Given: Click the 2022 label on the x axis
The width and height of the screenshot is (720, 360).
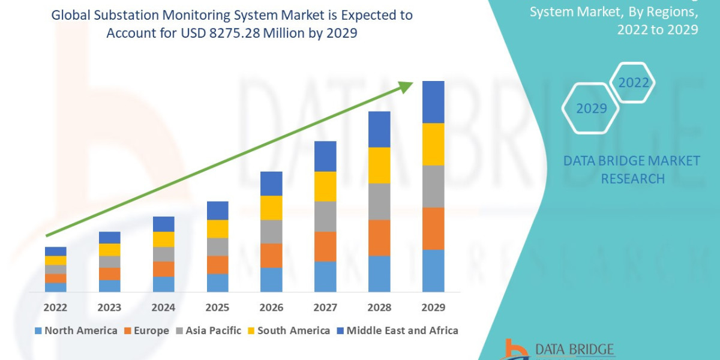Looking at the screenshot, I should (55, 308).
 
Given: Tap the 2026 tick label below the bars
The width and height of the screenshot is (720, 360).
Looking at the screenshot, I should (271, 308).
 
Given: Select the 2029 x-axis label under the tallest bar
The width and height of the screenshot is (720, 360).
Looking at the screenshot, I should (433, 308).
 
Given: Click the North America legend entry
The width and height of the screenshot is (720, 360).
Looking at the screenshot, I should (76, 331).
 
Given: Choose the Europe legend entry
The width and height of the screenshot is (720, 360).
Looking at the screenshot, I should (147, 331).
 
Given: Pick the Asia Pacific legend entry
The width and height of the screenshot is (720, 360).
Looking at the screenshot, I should (208, 331).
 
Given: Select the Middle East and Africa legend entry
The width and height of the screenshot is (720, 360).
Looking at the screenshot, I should (397, 331).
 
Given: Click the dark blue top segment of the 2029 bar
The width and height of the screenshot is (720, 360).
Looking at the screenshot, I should (433, 102).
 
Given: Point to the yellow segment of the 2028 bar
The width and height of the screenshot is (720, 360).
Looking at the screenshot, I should (379, 165).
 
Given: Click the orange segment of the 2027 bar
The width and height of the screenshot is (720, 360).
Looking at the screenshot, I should (325, 246).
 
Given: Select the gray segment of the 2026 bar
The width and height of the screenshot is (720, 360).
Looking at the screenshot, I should (271, 232).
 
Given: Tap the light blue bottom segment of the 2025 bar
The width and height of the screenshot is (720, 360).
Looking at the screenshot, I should (217, 283).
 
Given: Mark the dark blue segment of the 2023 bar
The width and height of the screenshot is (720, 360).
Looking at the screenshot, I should (109, 238).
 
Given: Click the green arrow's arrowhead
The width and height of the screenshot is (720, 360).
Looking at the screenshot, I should (406, 88).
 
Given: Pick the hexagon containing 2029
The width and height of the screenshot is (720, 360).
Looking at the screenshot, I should (590, 109).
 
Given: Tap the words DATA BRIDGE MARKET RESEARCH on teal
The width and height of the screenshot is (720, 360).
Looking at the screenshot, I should (632, 170).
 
